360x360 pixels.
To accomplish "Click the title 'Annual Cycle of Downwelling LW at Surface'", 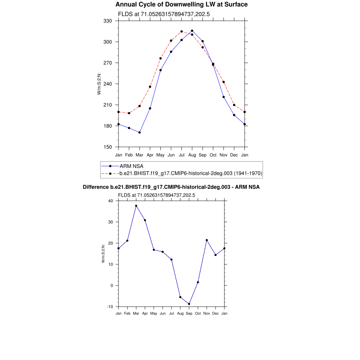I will tap(181, 5).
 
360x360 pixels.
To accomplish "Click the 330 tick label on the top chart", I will tap(108, 21).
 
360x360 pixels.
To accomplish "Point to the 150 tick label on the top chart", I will tap(108, 147).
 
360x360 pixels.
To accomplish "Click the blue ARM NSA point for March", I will tap(140, 133).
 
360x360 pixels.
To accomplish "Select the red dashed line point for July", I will tap(181, 32).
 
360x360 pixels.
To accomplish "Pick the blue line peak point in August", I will tap(192, 31).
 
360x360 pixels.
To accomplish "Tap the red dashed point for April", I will tap(150, 87).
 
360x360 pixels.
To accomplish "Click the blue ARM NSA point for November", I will tap(224, 97).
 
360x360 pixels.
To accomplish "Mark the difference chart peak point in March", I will tap(136, 206).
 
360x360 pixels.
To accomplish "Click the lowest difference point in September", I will tap(189, 304).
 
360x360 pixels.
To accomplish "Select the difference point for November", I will tap(207, 240).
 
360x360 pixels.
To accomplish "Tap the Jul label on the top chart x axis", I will tap(181, 155).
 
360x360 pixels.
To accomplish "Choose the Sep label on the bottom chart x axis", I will tap(189, 313).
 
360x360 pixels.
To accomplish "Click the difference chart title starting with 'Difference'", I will tap(171, 187).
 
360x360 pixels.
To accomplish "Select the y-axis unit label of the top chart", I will tap(99, 84).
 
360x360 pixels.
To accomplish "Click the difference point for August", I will tap(180, 297).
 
